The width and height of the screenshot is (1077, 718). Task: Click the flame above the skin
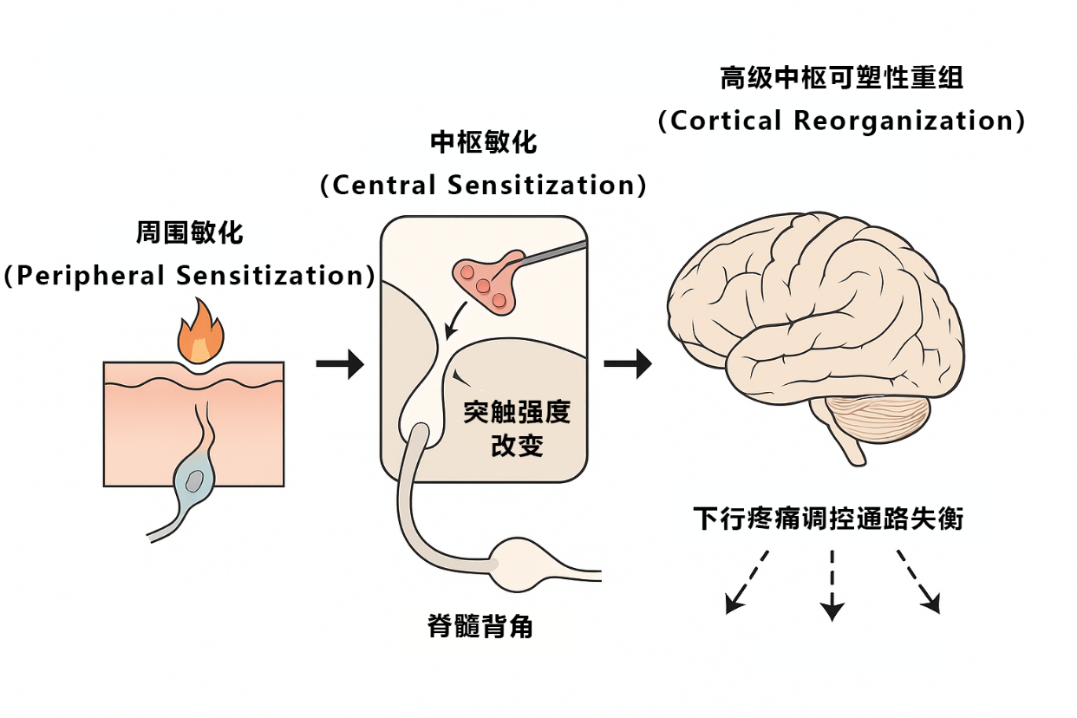(200, 334)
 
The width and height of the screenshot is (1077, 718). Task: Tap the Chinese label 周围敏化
(189, 233)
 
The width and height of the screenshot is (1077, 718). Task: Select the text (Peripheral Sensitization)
(190, 276)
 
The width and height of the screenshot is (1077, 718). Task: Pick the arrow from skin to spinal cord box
(339, 365)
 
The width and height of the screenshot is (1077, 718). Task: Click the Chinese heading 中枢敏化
(483, 142)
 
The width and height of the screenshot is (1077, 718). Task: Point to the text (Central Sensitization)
(483, 185)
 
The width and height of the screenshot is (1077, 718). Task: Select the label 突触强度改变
(517, 429)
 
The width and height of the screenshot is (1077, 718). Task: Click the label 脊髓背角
(480, 626)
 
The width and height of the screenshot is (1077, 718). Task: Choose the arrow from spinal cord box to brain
(627, 365)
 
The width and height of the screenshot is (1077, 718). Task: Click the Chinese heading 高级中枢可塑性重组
(841, 78)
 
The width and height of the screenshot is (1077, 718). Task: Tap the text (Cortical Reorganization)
(841, 121)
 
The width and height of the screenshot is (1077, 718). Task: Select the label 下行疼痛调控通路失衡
(828, 519)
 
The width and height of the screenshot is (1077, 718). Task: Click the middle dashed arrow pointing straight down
(832, 585)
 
